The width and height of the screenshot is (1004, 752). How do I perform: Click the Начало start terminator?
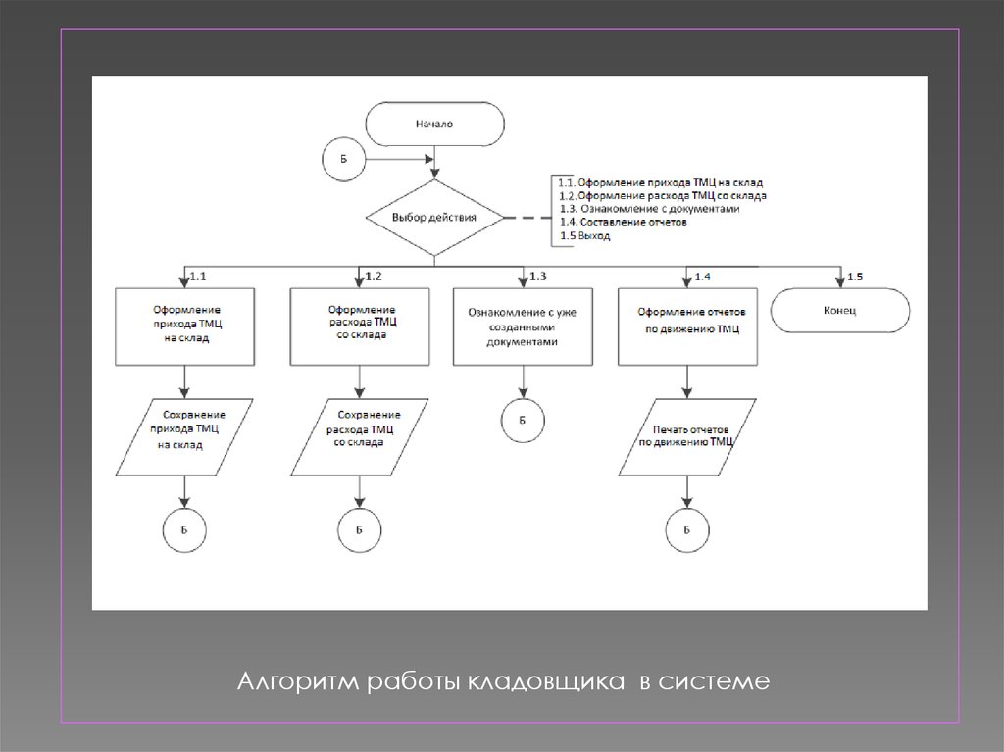[434, 125]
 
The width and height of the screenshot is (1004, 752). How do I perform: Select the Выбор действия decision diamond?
[434, 217]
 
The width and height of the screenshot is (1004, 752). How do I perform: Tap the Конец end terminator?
[840, 310]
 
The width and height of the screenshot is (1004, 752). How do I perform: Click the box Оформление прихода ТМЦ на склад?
[185, 325]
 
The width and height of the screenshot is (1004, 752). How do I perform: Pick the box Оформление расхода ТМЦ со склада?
[358, 325]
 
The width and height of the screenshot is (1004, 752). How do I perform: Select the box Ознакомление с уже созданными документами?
[523, 326]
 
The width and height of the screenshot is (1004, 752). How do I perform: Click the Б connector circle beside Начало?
[344, 159]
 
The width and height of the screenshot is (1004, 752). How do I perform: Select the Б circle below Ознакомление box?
[523, 420]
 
